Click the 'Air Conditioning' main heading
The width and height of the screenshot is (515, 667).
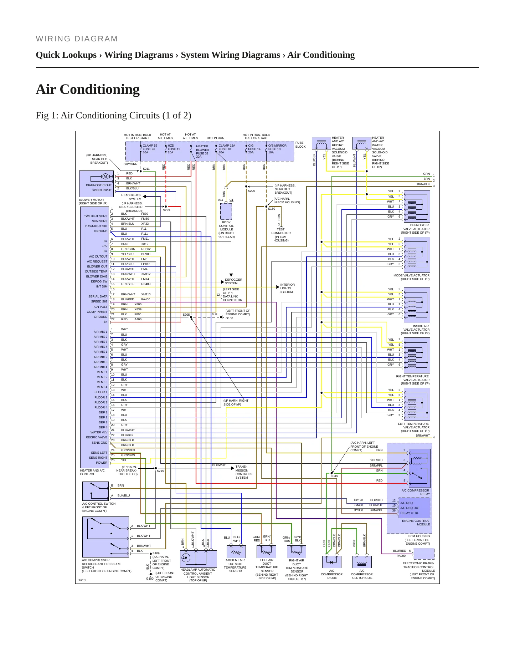(x=88, y=89)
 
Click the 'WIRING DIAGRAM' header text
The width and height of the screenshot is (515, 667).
(x=77, y=39)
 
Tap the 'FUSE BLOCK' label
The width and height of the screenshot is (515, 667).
(x=300, y=145)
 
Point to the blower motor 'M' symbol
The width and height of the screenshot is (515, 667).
(x=105, y=176)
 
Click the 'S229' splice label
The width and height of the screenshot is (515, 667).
(x=166, y=210)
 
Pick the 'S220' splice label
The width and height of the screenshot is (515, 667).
(x=252, y=191)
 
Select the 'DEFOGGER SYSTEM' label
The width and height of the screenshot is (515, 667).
(x=233, y=281)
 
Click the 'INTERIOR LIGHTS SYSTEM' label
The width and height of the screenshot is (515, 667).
(x=287, y=288)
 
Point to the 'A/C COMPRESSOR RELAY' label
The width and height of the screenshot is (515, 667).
(x=416, y=492)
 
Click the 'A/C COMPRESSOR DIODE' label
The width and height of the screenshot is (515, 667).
(x=332, y=574)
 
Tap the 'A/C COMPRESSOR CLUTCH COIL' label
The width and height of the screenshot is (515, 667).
(x=362, y=574)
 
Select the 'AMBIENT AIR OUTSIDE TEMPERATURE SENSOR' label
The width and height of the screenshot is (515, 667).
(x=235, y=565)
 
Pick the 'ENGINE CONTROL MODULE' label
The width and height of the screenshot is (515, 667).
(x=416, y=523)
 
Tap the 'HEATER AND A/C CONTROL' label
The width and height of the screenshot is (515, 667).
(x=92, y=472)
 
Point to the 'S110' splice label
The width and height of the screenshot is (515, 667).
(x=335, y=476)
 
